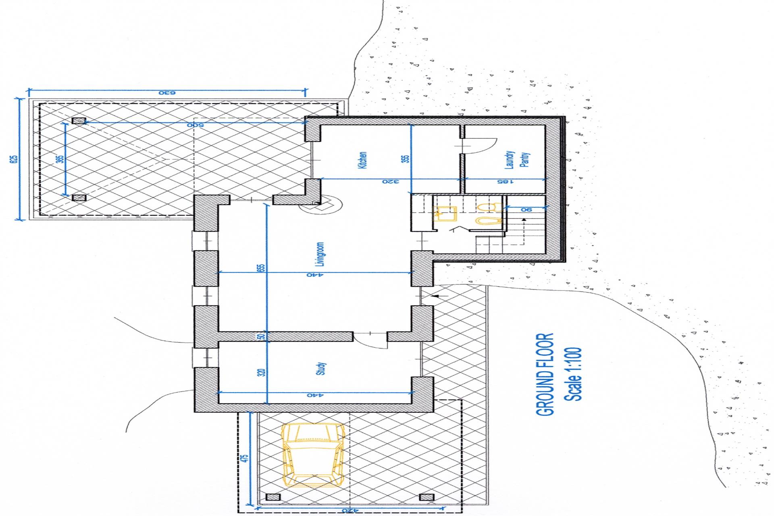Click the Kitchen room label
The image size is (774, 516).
click(362, 160)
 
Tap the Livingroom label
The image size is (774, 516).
click(320, 254)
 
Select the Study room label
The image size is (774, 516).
click(321, 369)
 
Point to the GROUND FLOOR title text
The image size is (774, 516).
click(545, 374)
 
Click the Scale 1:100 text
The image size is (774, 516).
click(573, 374)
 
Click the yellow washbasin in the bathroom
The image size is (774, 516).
click(445, 214)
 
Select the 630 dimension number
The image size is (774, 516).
click(167, 93)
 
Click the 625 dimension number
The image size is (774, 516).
click(14, 159)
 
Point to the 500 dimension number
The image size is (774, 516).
click(195, 125)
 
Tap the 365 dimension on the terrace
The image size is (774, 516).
click(60, 159)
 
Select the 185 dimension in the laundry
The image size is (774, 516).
click(505, 182)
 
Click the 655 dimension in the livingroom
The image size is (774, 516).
click(261, 268)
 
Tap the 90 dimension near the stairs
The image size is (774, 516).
click(526, 209)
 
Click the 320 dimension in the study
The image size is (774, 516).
click(261, 372)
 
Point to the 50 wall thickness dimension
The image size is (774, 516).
click(261, 336)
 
